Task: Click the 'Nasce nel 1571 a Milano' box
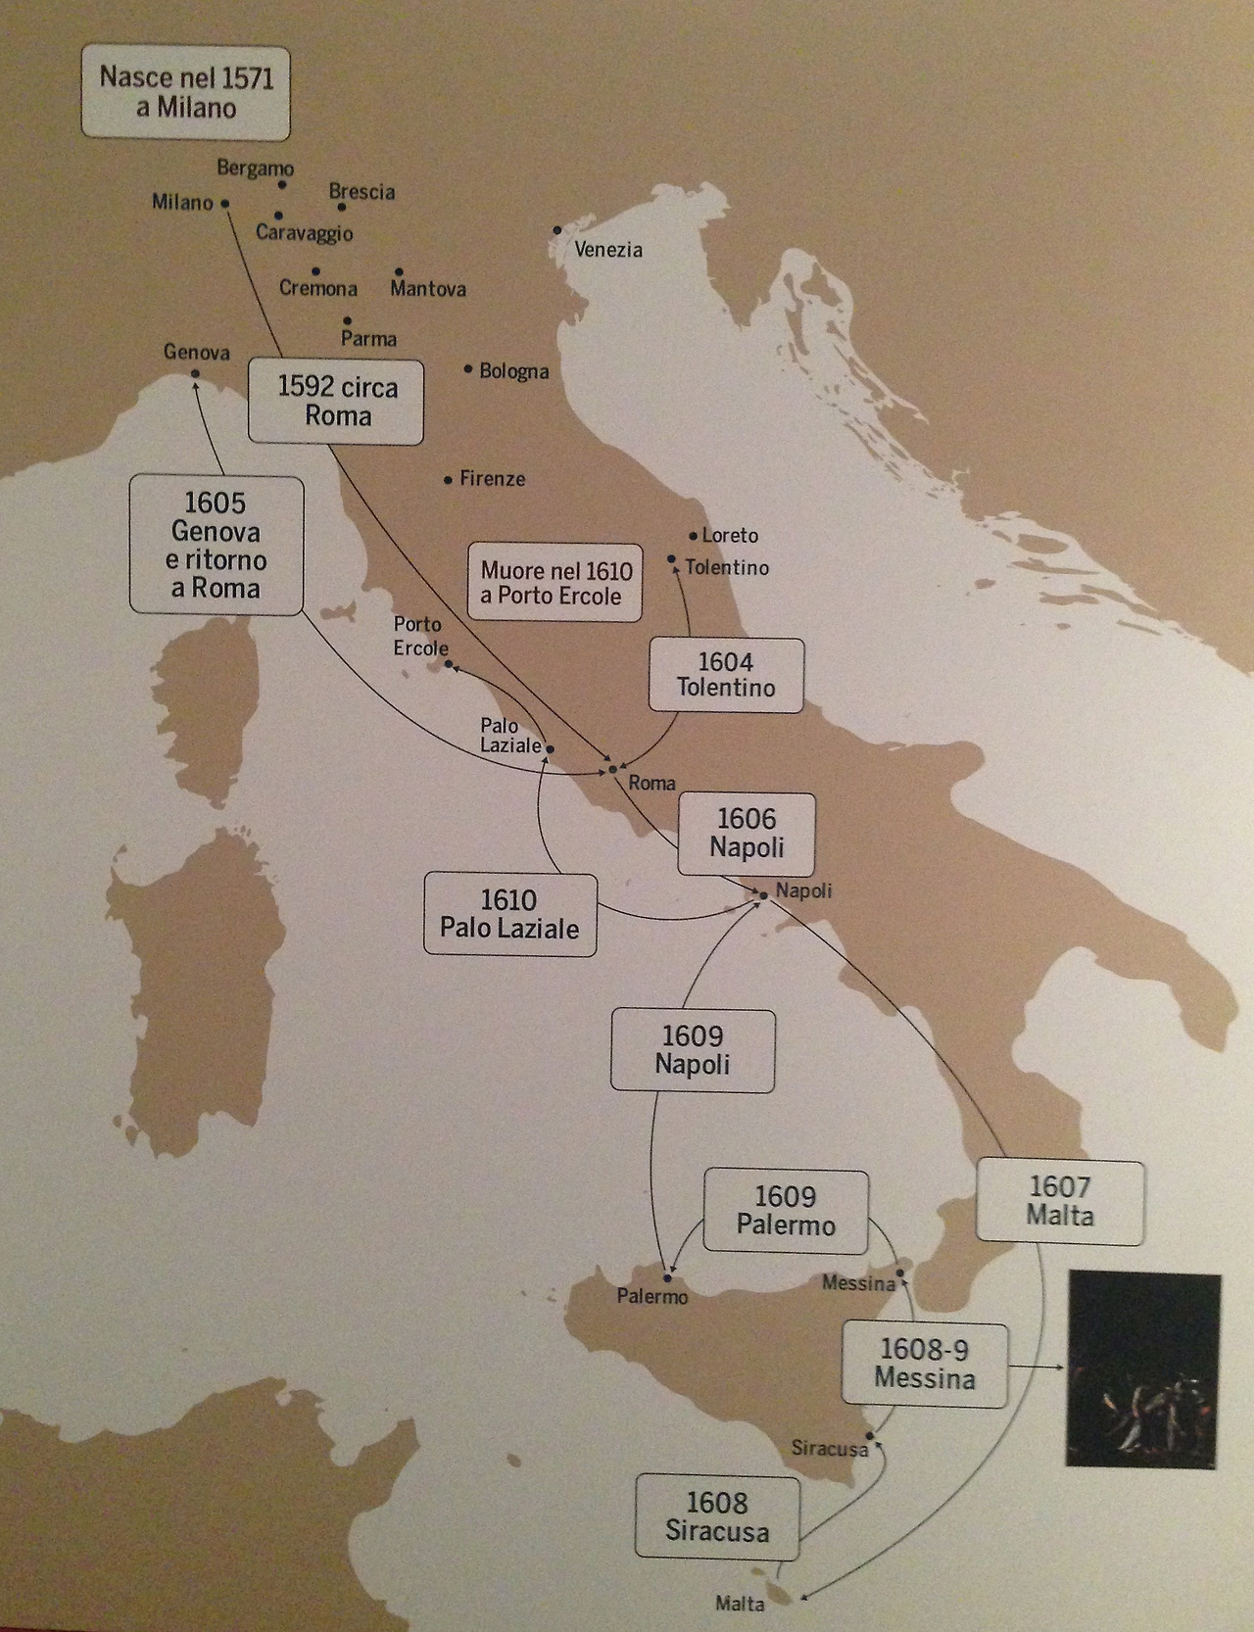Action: click(x=185, y=93)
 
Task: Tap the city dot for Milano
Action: click(x=225, y=204)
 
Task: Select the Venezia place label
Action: click(x=608, y=250)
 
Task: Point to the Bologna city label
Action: click(x=513, y=372)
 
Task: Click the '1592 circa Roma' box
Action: click(x=336, y=402)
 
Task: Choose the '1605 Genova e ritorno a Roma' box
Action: click(x=216, y=545)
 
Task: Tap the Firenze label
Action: click(x=492, y=479)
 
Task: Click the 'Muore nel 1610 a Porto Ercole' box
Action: click(x=555, y=583)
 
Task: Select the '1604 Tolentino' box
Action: click(x=725, y=675)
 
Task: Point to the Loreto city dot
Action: click(x=693, y=536)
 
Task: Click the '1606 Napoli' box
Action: click(x=747, y=834)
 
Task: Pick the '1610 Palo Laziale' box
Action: click(x=509, y=914)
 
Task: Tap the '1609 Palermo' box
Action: click(x=786, y=1211)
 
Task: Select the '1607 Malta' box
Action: click(x=1060, y=1202)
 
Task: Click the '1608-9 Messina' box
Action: click(x=924, y=1365)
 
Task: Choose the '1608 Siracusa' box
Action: click(x=717, y=1517)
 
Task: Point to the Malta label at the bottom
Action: click(x=740, y=1604)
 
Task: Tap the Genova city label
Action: click(x=197, y=353)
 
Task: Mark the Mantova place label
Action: click(x=428, y=289)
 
